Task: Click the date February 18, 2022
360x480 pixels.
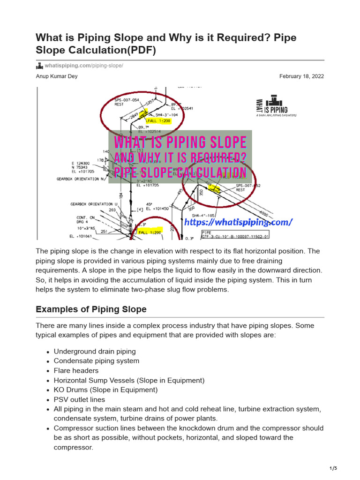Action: [301, 76]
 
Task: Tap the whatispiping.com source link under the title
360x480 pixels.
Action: [83, 66]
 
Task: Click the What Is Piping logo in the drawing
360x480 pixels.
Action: [275, 106]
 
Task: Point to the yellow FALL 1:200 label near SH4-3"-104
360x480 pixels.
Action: [159, 120]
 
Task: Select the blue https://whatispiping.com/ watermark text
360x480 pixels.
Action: [238, 222]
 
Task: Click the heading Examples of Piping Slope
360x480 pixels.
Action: [91, 309]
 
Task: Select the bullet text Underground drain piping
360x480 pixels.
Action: [95, 351]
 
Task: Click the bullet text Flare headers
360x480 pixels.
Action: [76, 370]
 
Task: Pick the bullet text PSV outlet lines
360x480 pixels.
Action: [79, 399]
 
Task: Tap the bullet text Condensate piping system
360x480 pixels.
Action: [97, 361]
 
